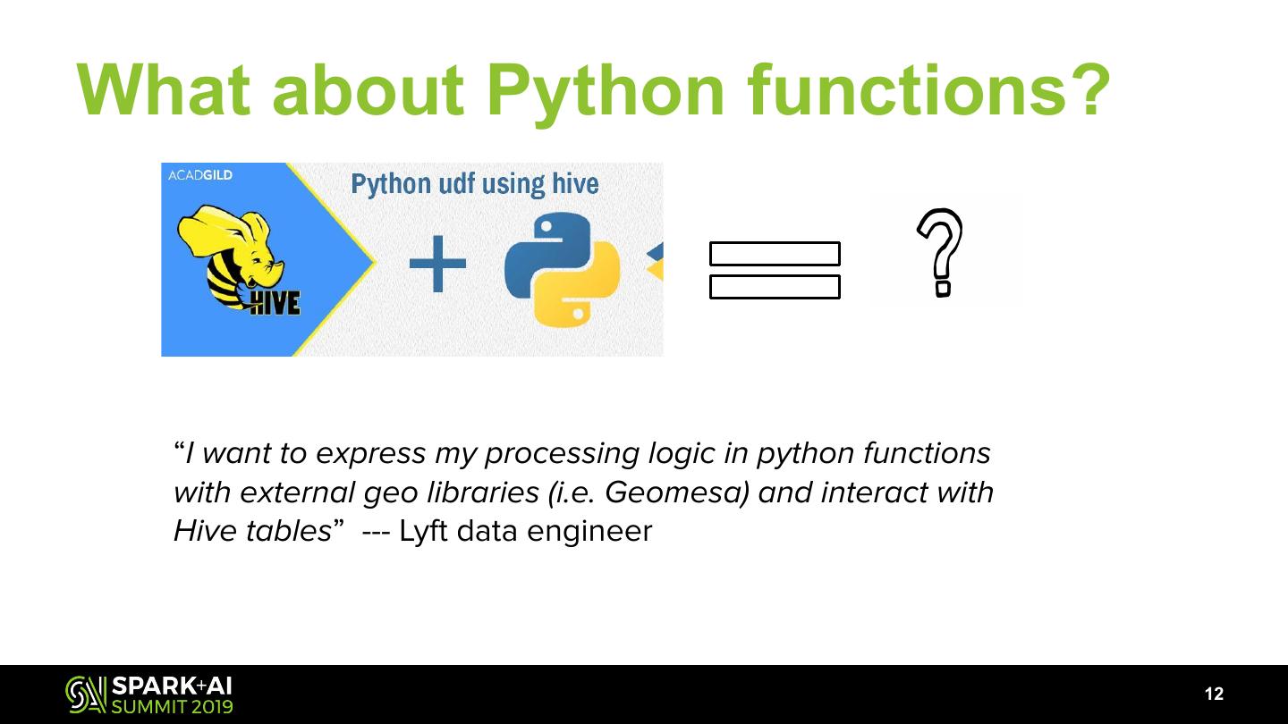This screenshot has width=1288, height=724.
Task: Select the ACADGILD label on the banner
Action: click(x=200, y=175)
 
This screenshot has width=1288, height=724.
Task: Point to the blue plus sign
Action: click(x=437, y=264)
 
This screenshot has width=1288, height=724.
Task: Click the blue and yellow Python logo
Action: click(x=547, y=269)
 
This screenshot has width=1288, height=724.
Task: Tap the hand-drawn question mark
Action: click(x=940, y=251)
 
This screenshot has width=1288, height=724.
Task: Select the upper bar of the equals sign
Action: click(x=775, y=254)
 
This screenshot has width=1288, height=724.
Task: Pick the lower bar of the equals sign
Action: click(x=775, y=287)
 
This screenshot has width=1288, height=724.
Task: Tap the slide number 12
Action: click(x=1214, y=695)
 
